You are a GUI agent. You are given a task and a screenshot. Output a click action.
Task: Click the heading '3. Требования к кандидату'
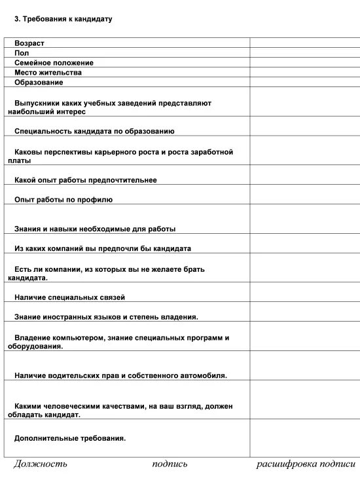(x=63, y=19)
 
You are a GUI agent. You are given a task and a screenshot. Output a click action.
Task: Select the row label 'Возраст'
(x=29, y=43)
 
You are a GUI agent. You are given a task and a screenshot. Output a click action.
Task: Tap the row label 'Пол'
(x=22, y=52)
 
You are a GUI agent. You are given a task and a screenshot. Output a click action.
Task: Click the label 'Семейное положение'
(x=54, y=63)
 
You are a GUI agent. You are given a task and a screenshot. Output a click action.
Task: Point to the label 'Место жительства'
(x=48, y=73)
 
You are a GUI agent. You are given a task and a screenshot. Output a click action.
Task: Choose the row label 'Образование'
(x=39, y=83)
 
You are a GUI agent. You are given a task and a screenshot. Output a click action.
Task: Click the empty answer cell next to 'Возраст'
(x=304, y=43)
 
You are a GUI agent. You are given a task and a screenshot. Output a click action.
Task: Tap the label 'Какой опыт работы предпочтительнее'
(x=85, y=180)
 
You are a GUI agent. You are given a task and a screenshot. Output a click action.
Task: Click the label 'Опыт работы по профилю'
(x=63, y=200)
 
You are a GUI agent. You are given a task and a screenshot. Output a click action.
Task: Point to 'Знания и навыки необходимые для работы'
(x=95, y=229)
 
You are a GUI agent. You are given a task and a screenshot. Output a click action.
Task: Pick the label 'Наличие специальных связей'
(x=69, y=297)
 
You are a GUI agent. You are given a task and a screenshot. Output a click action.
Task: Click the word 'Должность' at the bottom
(x=41, y=464)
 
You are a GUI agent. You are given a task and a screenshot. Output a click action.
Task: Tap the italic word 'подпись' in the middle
(x=170, y=464)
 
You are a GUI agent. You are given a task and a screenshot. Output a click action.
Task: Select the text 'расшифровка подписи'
(x=306, y=464)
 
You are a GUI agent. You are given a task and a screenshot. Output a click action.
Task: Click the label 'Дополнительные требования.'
(x=70, y=438)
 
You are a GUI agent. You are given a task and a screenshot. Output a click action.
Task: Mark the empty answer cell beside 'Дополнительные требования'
(x=304, y=438)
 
